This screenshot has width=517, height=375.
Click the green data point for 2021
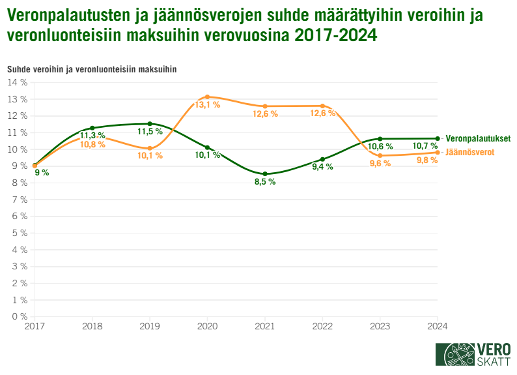coord(265,174)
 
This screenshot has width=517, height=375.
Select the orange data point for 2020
coord(208,97)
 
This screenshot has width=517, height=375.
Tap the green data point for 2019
coord(150,124)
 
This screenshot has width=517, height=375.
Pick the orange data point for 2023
coord(380,156)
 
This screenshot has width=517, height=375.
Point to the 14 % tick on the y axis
coord(17,82)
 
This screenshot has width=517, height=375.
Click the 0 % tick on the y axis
coord(19,316)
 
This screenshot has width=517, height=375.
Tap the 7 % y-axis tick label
coord(19,200)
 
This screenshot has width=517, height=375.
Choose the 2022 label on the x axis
coord(322,326)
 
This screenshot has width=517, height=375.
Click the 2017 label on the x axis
coord(35,326)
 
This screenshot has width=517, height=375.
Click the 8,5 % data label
coord(265,182)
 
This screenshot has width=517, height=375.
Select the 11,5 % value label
coord(150,132)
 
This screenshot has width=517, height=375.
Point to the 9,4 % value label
coord(322,167)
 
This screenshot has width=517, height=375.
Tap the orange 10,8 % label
coord(92,144)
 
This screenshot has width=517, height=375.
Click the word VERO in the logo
coord(493,348)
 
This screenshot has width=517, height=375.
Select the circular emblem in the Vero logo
coord(460,355)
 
